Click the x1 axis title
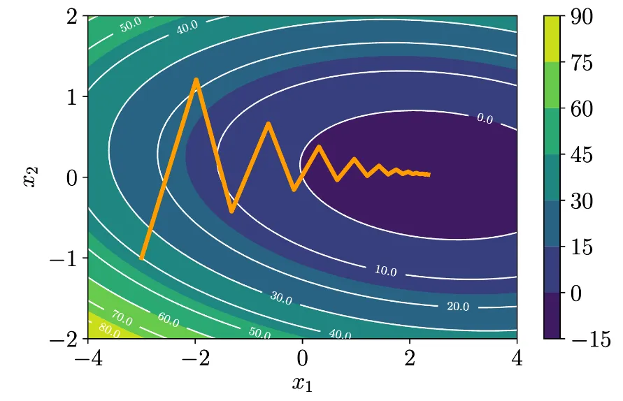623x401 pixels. click(x=302, y=384)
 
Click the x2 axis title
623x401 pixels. click(x=31, y=176)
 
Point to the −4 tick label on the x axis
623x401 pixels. click(x=89, y=358)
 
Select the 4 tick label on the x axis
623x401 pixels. click(x=517, y=358)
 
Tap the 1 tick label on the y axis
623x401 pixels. click(x=72, y=97)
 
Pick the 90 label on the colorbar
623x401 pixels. click(x=582, y=17)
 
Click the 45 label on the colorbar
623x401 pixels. click(x=582, y=155)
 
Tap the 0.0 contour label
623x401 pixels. click(x=485, y=118)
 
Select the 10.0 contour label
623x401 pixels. click(x=386, y=271)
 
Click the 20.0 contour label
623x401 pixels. click(x=458, y=306)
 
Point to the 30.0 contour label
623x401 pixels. click(x=281, y=298)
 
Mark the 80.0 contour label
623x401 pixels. click(x=109, y=330)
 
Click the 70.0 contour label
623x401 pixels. click(x=122, y=318)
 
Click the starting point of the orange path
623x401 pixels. click(x=141, y=258)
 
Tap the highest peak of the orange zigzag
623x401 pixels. click(x=196, y=80)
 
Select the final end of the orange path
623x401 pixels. click(x=429, y=174)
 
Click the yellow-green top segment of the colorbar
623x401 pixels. click(x=552, y=39)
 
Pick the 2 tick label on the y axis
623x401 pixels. click(x=72, y=17)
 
